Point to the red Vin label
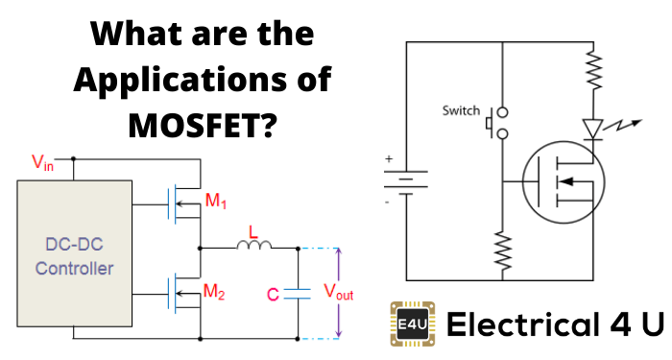43,164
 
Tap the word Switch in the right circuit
460,110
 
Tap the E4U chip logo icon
410,324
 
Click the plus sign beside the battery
390,157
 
